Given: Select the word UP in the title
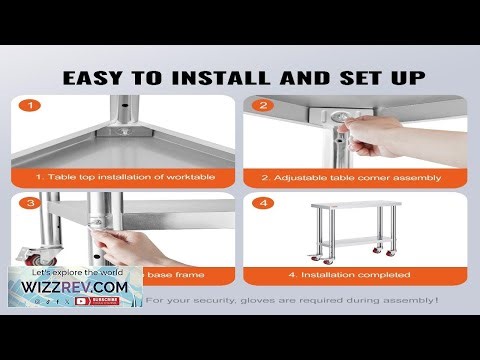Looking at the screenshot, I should tap(401, 77).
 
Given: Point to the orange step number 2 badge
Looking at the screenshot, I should tap(265, 105).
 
